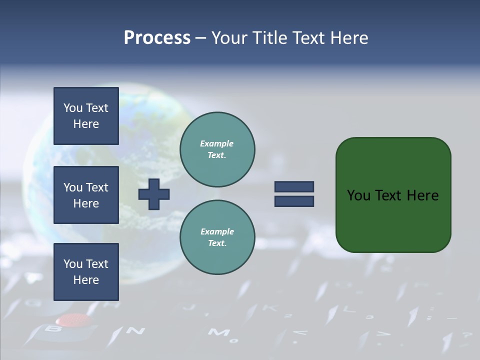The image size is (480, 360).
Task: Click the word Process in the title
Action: [x=157, y=38]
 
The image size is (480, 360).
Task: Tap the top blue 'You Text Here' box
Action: [x=86, y=116]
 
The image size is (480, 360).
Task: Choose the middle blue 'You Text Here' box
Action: [x=86, y=195]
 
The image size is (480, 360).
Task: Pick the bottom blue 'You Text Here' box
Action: [x=86, y=272]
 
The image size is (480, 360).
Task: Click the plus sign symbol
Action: [x=154, y=194]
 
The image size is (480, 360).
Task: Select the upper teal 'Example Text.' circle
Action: [x=217, y=149]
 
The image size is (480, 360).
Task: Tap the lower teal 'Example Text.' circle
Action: [x=217, y=237]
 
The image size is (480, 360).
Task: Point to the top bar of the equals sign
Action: [x=294, y=186]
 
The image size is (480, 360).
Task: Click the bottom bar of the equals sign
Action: [x=294, y=201]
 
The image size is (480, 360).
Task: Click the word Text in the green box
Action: [x=389, y=195]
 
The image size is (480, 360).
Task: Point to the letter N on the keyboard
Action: [x=135, y=330]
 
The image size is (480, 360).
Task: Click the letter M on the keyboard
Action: [x=216, y=332]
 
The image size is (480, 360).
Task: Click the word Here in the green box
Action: [x=423, y=195]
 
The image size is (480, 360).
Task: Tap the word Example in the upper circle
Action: [x=216, y=143]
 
